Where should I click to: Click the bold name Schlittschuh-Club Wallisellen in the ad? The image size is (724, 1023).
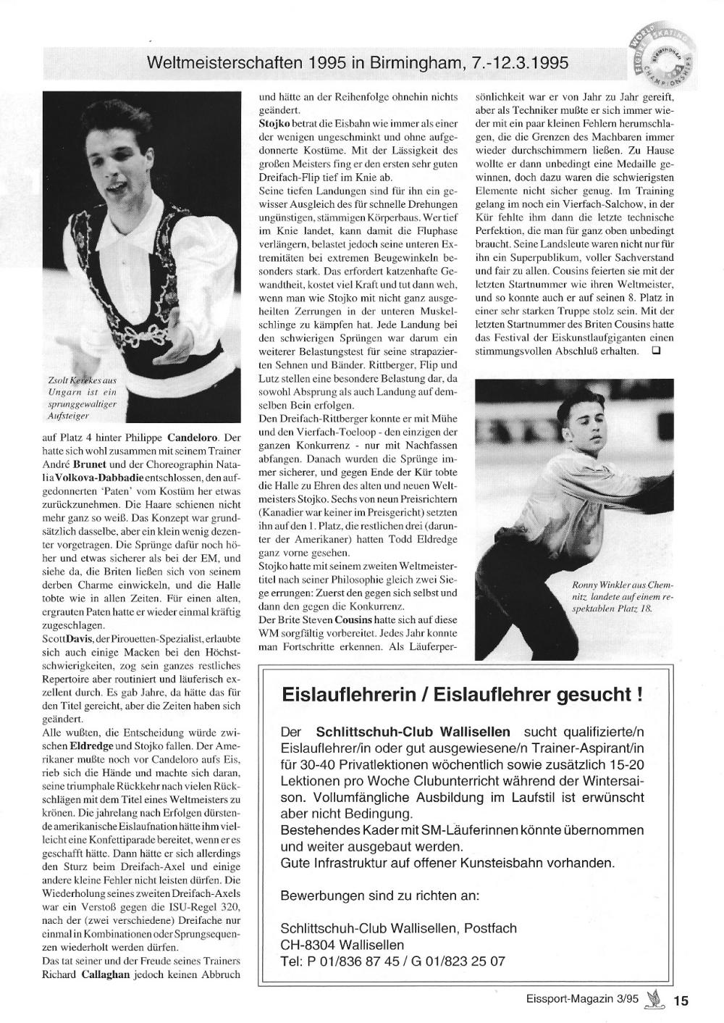click(413, 732)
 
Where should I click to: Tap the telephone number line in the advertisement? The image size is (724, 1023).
click(392, 962)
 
